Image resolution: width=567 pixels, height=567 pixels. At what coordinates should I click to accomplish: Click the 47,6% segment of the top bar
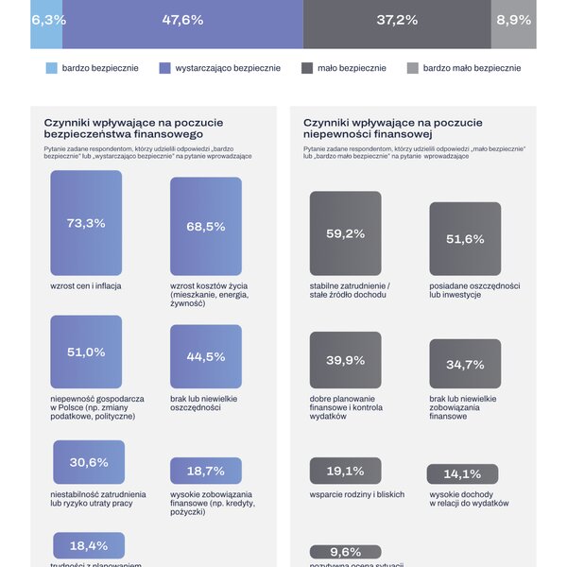click(183, 21)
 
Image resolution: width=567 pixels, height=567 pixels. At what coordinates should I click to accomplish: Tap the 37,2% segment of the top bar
click(397, 21)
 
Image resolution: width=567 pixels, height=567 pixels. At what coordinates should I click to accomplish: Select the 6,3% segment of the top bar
click(47, 21)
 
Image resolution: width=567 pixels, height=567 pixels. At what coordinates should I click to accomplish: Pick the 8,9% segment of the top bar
click(513, 21)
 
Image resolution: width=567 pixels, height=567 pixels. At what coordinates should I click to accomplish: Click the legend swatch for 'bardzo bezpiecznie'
click(53, 68)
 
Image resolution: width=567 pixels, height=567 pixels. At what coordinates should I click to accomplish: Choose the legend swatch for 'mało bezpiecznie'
click(308, 68)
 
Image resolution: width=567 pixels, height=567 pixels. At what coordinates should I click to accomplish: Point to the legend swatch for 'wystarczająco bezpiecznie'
click(165, 68)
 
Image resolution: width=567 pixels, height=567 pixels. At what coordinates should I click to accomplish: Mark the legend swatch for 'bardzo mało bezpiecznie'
click(412, 68)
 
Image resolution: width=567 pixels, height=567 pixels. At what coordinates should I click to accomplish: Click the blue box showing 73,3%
click(86, 223)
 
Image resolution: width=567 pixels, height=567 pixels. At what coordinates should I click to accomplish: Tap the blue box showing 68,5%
click(205, 226)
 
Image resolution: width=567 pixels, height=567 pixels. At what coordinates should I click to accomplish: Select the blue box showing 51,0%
click(86, 352)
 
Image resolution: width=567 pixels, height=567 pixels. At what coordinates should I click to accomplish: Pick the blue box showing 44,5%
click(205, 357)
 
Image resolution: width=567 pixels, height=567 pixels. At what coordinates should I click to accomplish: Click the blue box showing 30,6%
click(89, 462)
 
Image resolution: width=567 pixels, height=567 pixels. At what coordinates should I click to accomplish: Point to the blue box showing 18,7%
click(205, 471)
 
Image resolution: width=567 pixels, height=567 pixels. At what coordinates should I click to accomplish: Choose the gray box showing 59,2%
click(345, 233)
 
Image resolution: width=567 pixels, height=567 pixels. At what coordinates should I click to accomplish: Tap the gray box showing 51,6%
click(464, 239)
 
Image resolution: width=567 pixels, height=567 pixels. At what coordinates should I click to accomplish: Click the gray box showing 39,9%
click(345, 360)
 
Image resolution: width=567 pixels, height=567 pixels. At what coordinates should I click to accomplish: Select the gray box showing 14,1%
click(462, 474)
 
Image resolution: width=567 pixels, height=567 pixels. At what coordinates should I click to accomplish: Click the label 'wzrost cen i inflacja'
click(86, 285)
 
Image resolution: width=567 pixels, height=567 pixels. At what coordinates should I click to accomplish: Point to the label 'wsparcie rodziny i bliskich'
click(356, 494)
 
